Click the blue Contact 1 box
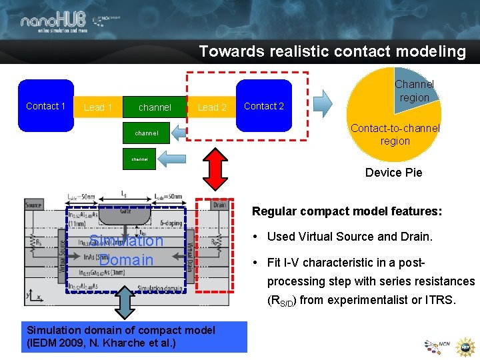pyautogui.click(x=45, y=106)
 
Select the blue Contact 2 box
pyautogui.click(x=264, y=106)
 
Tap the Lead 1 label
pyautogui.click(x=98, y=107)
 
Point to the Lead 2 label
pyautogui.click(x=212, y=107)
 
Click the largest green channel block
pyautogui.click(x=155, y=107)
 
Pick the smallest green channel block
pyautogui.click(x=140, y=159)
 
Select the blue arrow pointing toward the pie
pyautogui.click(x=323, y=104)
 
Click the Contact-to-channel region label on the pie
pyautogui.click(x=395, y=134)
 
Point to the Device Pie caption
pyautogui.click(x=393, y=173)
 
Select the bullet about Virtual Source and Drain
pyautogui.click(x=350, y=236)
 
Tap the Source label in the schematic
pyautogui.click(x=33, y=205)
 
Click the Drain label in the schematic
pyautogui.click(x=219, y=205)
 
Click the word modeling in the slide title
pyautogui.click(x=430, y=51)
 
